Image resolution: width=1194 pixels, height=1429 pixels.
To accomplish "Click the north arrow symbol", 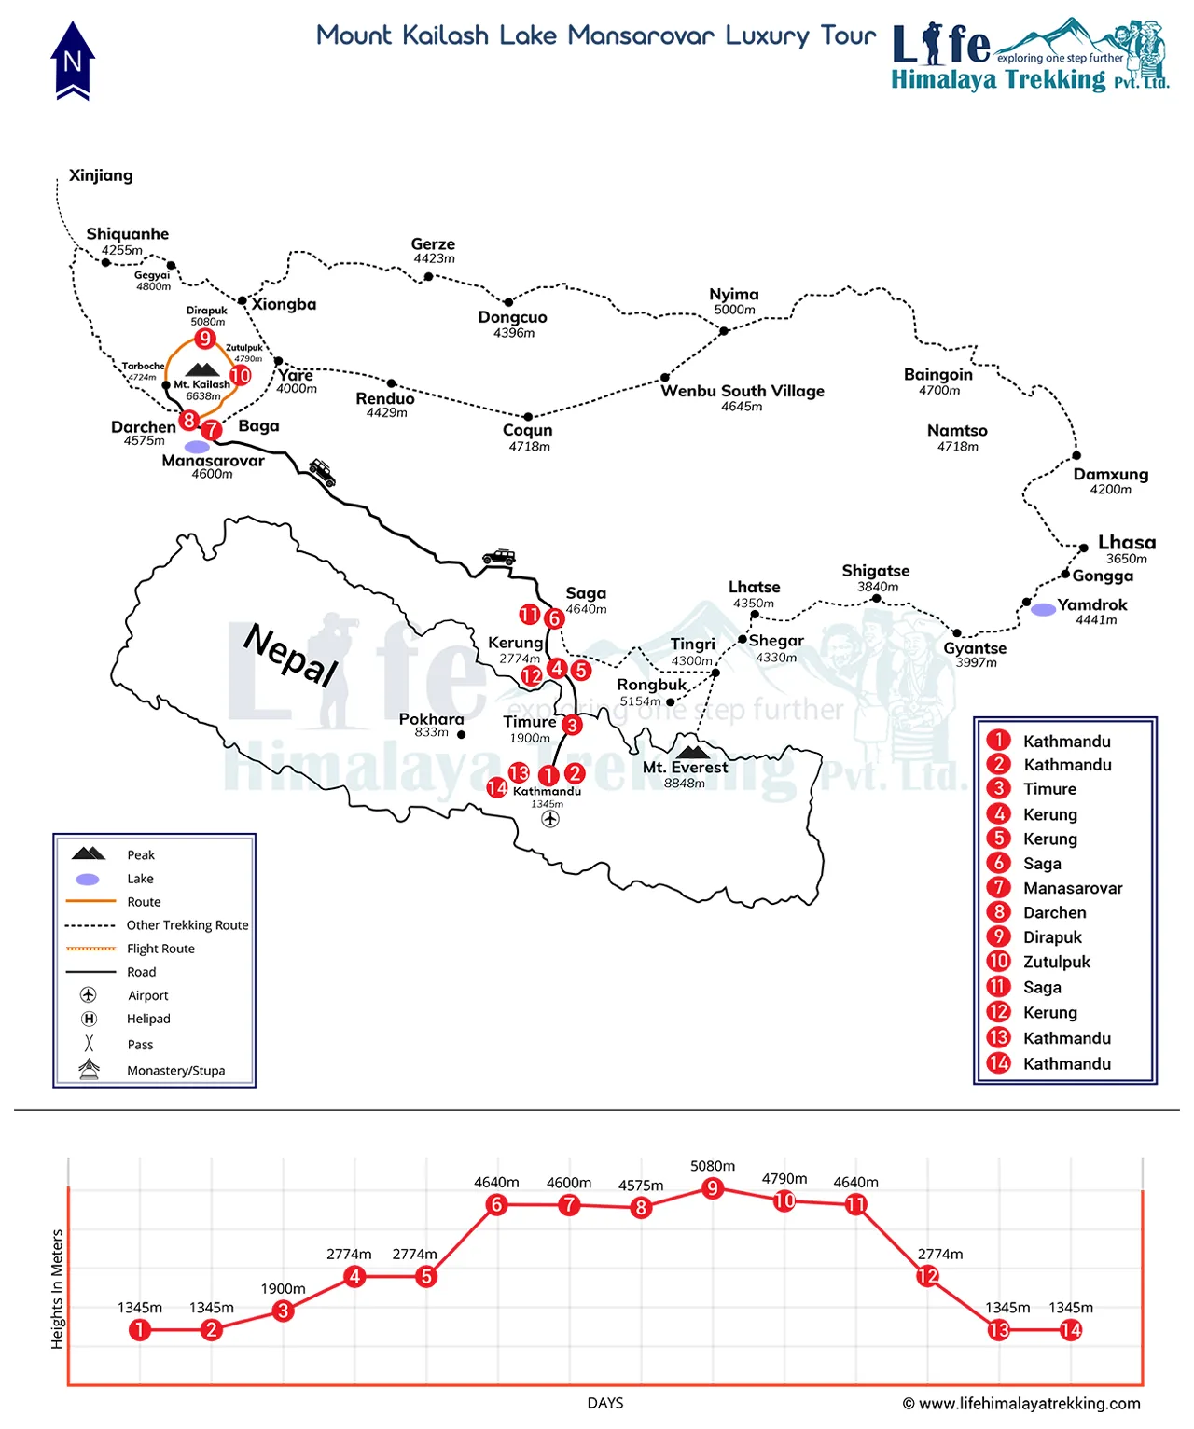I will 73,62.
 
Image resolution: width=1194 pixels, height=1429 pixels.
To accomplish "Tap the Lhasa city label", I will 1126,543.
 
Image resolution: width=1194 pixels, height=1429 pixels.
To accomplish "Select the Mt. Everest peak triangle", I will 691,751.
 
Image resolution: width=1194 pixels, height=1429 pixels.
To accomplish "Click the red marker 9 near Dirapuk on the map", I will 205,339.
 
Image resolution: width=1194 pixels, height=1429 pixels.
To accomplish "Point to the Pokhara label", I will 431,719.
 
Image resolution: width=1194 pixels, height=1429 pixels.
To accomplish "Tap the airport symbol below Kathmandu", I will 550,819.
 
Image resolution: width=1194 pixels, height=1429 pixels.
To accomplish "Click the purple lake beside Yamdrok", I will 1043,609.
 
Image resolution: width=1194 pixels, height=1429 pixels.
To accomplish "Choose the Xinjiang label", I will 101,175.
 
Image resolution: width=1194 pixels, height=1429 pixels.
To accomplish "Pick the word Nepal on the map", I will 290,654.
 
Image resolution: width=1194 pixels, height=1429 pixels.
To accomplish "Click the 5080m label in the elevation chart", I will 713,1166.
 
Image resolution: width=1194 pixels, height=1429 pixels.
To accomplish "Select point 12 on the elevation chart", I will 927,1275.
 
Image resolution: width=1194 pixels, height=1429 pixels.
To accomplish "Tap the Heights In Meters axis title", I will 58,1289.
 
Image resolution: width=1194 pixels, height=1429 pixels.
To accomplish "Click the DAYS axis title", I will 605,1403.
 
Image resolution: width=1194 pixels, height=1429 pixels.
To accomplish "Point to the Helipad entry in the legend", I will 148,1019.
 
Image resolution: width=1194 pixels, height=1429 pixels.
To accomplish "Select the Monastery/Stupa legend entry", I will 175,1071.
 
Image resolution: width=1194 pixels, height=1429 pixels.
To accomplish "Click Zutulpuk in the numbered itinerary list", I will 1056,962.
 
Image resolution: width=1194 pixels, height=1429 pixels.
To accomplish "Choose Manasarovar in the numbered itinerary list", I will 1073,888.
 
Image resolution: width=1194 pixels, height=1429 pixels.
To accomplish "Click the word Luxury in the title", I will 767,36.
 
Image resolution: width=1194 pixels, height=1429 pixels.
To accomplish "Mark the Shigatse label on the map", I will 875,571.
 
